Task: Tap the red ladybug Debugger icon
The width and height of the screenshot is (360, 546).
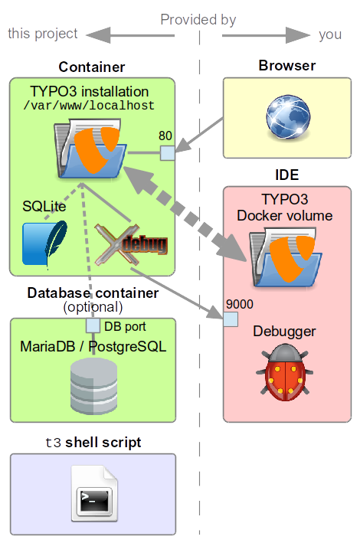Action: click(x=286, y=373)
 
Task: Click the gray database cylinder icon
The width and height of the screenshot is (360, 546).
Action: click(x=93, y=386)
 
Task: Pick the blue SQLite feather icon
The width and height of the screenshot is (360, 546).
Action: click(x=45, y=245)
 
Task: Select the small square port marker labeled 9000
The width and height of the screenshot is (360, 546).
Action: click(x=228, y=319)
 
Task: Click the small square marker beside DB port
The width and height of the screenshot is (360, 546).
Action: click(x=93, y=325)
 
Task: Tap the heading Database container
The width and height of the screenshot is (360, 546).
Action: click(x=93, y=293)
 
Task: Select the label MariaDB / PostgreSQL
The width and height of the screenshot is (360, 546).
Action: click(x=93, y=347)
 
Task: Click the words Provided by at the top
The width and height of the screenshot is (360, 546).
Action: click(x=198, y=20)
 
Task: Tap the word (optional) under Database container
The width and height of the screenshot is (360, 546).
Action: click(x=93, y=307)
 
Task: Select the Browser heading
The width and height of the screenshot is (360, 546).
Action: click(x=286, y=66)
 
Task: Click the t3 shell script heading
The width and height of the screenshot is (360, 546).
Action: click(x=93, y=443)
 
